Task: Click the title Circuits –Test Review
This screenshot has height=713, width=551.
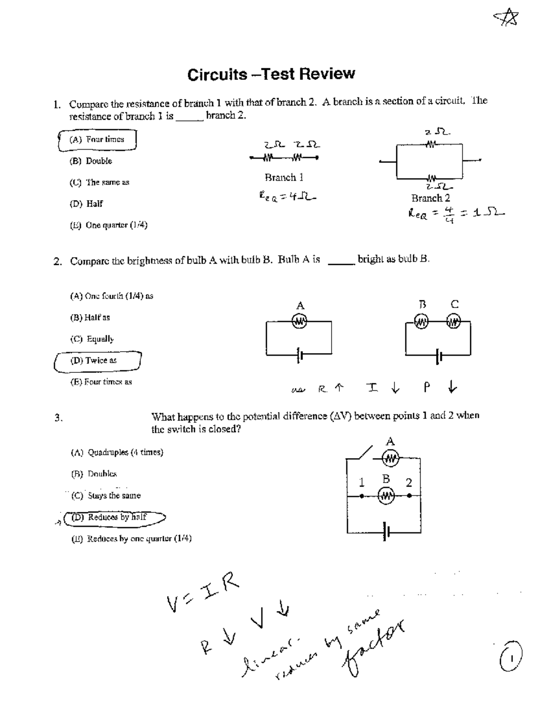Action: [x=271, y=74]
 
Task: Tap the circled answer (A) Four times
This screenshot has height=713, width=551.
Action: [x=97, y=140]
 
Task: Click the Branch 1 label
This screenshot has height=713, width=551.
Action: [x=284, y=177]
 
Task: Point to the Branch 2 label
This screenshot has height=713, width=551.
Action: [x=430, y=198]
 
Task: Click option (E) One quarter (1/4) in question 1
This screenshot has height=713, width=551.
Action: [x=108, y=225]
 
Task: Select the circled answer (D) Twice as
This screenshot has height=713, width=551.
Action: [x=97, y=361]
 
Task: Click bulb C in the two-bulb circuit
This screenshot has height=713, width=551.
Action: [x=454, y=322]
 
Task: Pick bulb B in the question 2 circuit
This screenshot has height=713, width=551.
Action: [x=422, y=322]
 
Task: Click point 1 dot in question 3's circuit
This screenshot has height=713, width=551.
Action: [x=362, y=496]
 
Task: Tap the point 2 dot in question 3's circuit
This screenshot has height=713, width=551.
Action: [x=409, y=496]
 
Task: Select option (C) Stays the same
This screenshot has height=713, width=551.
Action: [x=106, y=496]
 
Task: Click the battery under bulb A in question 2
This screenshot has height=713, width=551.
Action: [x=300, y=355]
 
